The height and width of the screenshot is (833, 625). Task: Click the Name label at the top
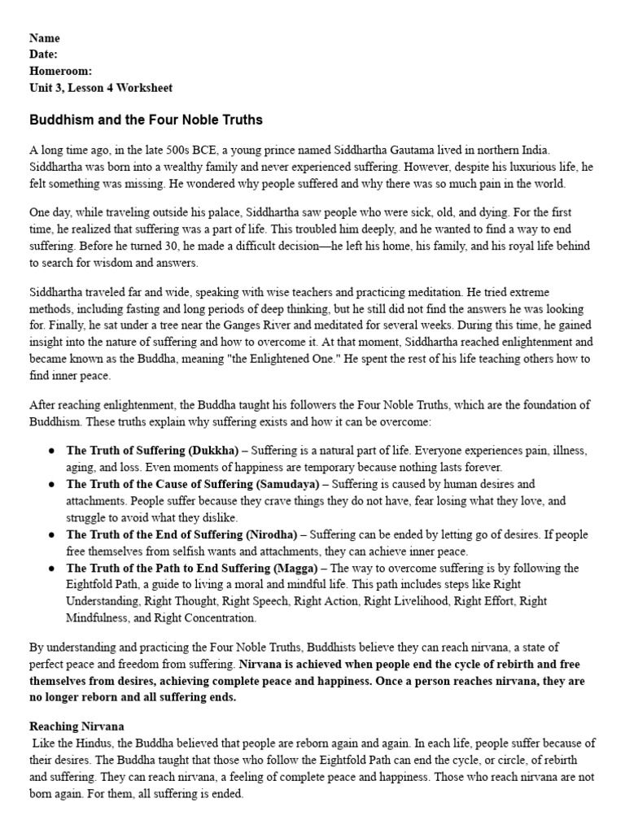point(44,38)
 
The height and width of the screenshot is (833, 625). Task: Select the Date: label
point(44,55)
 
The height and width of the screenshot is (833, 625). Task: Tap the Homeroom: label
point(60,71)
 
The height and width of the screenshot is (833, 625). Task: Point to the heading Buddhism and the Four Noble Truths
point(146,120)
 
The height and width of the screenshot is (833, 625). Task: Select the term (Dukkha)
point(213,450)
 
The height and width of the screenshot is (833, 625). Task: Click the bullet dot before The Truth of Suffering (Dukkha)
point(51,451)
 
